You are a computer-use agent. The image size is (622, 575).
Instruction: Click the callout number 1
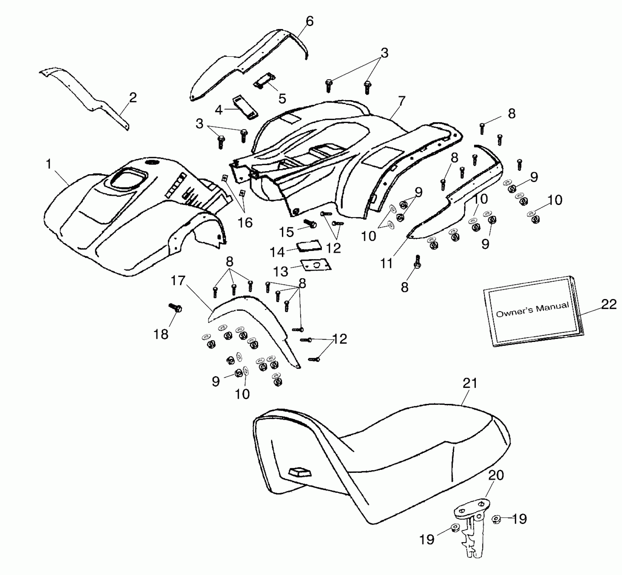coord(49,164)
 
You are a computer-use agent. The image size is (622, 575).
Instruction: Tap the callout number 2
coord(133,98)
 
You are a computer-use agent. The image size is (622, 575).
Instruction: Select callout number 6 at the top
coord(309,21)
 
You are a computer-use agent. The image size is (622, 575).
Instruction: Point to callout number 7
coord(402,101)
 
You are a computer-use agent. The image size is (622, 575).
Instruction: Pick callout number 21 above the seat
coord(470,384)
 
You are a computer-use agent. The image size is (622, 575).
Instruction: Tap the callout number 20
coord(496,475)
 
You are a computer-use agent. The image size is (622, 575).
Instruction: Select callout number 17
coord(178,281)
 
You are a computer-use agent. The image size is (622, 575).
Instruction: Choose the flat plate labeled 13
coord(316,266)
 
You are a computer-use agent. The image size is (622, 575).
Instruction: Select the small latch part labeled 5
coord(264,81)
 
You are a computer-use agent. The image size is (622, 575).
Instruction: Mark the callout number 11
coord(386,263)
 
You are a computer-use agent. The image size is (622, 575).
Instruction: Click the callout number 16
coord(245,223)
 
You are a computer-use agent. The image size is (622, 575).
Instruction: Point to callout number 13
coord(281,271)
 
